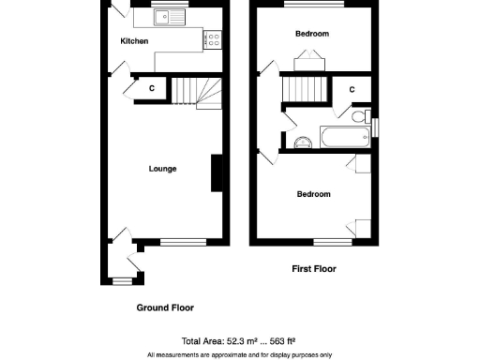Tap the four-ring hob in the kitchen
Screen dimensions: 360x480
click(213, 39)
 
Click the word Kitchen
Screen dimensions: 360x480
click(134, 41)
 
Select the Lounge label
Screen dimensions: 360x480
click(162, 169)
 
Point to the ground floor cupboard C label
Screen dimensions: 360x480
click(151, 89)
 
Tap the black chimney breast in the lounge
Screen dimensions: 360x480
click(217, 173)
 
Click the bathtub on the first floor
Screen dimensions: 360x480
click(344, 139)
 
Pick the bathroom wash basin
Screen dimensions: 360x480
click(302, 142)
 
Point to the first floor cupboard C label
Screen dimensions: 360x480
click(352, 89)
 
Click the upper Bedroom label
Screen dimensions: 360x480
click(312, 34)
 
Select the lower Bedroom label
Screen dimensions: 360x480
click(313, 195)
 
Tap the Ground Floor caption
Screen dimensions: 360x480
click(165, 307)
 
